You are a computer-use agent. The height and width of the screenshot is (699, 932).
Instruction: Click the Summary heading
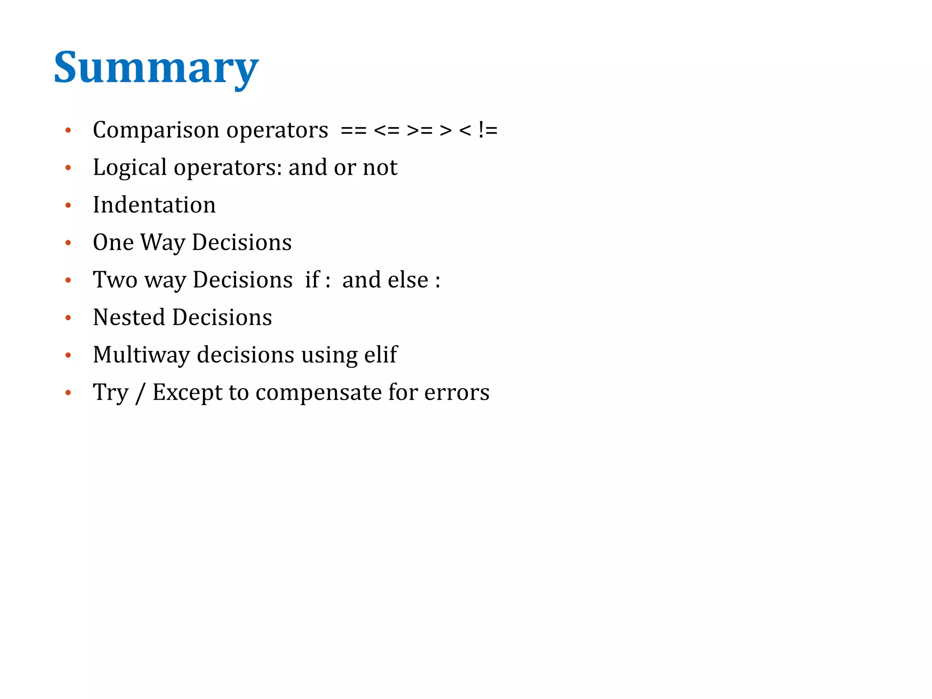(x=156, y=68)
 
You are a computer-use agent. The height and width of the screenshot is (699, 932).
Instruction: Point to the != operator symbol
(x=487, y=131)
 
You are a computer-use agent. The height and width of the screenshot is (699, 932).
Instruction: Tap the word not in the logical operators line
(x=380, y=167)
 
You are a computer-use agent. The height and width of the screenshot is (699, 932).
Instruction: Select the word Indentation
(x=154, y=205)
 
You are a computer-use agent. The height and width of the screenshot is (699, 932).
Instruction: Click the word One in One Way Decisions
(x=113, y=242)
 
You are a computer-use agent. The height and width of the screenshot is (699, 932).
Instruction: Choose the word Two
(x=115, y=279)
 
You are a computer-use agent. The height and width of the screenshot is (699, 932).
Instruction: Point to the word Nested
(x=128, y=317)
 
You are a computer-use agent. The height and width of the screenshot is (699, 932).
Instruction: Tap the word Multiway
(x=141, y=355)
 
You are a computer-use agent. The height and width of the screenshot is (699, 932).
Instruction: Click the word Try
(x=111, y=393)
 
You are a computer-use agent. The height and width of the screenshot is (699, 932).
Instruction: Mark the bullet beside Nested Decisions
(x=68, y=318)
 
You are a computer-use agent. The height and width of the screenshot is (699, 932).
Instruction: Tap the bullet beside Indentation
(x=68, y=205)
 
